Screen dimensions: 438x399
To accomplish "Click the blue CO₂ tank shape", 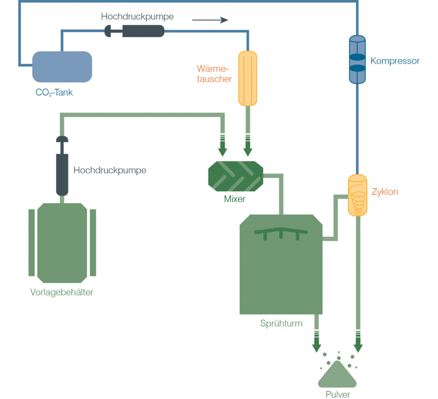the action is [x=62, y=66].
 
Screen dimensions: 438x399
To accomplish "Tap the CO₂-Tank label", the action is [x=54, y=92].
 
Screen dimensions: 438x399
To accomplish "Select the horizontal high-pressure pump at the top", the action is [x=134, y=31].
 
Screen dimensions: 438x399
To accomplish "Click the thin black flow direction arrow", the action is [x=210, y=20].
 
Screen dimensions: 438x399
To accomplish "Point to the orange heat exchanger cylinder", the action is [x=248, y=78].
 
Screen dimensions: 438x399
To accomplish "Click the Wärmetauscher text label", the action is [x=214, y=74].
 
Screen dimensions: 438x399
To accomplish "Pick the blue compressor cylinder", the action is [x=357, y=60].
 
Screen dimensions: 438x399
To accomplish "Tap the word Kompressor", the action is [x=395, y=61].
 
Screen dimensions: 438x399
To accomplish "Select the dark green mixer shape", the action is [x=236, y=176].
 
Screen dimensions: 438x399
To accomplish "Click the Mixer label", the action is [x=234, y=199].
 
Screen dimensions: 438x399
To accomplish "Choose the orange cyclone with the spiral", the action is [x=357, y=195].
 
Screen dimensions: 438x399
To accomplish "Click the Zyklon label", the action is [x=385, y=192].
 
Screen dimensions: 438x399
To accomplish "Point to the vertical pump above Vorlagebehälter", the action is [x=62, y=166].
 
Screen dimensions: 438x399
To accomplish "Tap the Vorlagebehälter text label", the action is [x=62, y=292].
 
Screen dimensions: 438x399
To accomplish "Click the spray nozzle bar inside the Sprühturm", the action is [x=281, y=234].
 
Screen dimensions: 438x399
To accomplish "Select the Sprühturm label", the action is [x=281, y=324].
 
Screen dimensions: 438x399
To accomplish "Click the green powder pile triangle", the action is [x=337, y=375].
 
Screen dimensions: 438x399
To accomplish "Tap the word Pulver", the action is [x=338, y=394].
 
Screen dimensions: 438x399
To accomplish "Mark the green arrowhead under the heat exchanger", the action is [x=248, y=152].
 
